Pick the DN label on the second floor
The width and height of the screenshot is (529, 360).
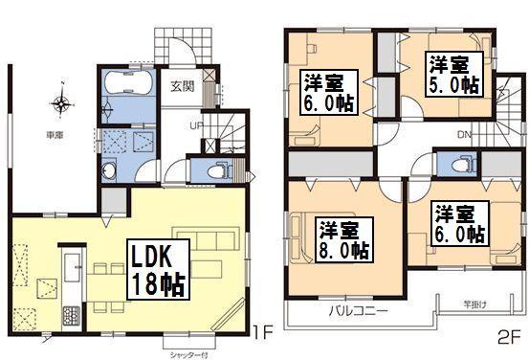click(463, 134)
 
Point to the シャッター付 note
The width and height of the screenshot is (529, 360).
click(189, 353)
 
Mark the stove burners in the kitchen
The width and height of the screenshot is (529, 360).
click(71, 312)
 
